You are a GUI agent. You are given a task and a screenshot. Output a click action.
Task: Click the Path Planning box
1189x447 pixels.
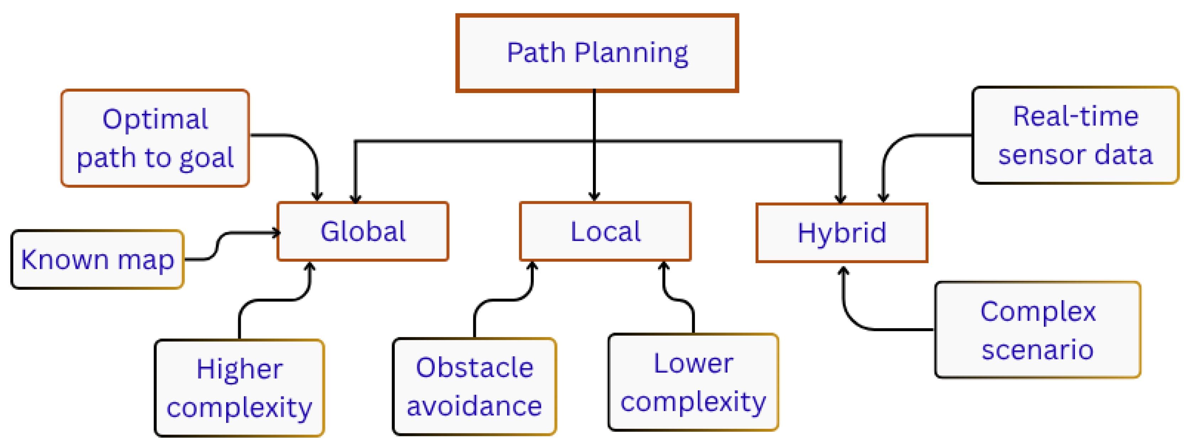[x=597, y=53]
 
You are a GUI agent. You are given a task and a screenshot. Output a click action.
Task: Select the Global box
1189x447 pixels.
[x=363, y=231]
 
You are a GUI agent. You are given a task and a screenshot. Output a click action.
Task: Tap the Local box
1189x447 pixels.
[x=605, y=231]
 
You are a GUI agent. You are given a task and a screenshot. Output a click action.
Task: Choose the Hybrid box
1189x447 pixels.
[x=842, y=233]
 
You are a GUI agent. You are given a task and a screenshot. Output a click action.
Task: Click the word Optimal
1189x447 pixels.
[x=155, y=119]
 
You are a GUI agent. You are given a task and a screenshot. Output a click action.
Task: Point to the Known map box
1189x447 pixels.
[x=97, y=259]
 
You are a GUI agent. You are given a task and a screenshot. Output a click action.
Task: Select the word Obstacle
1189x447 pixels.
[x=474, y=368]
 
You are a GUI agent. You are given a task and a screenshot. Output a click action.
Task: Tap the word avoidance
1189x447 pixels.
[x=474, y=406]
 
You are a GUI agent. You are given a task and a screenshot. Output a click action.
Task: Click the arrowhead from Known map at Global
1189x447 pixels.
[x=276, y=233]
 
